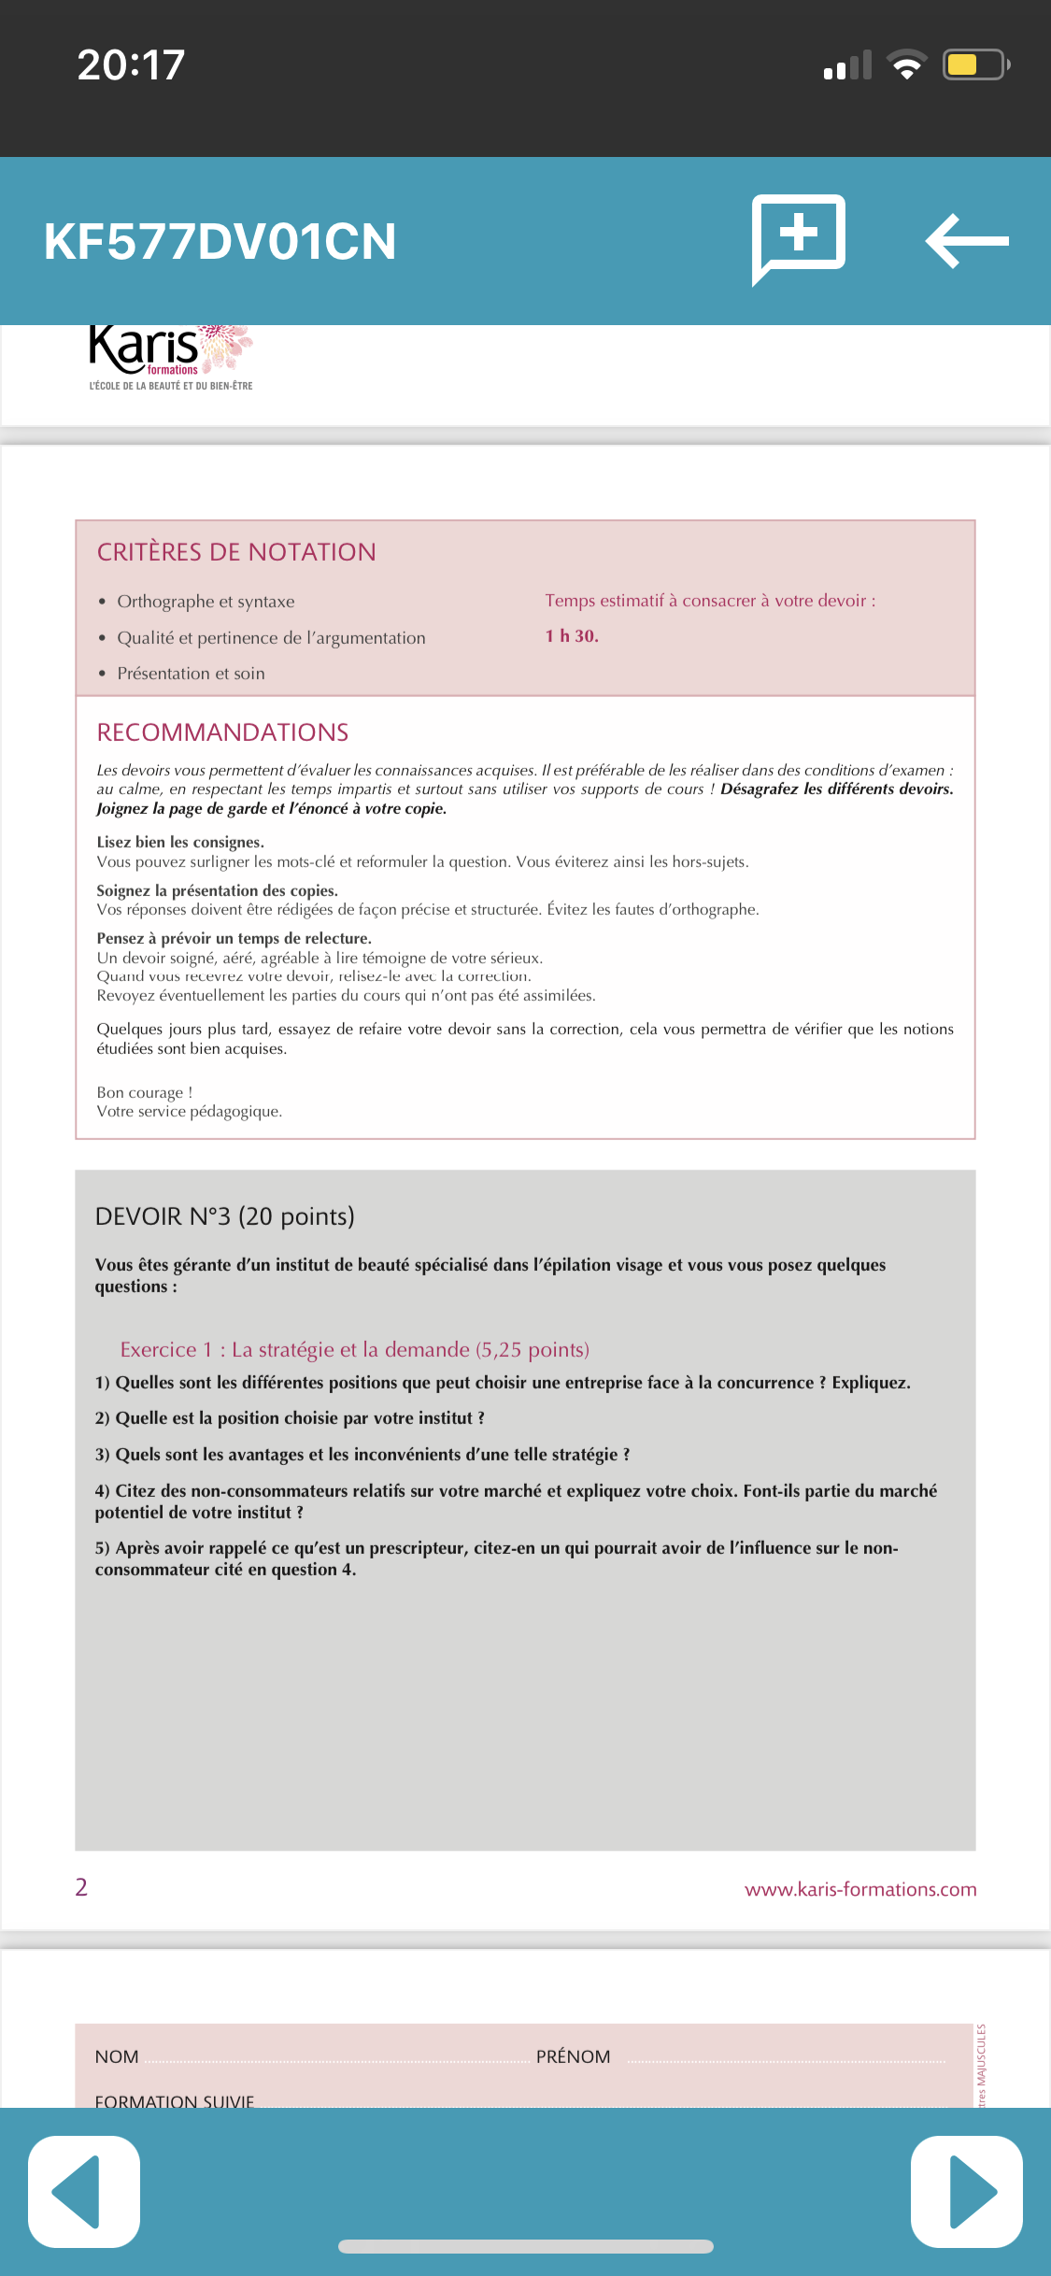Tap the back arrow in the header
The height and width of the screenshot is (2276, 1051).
(x=966, y=241)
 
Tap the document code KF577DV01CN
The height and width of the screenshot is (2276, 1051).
(x=220, y=241)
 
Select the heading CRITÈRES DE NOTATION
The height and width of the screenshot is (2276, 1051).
(x=236, y=552)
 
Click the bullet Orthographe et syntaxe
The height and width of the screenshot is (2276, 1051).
(x=206, y=602)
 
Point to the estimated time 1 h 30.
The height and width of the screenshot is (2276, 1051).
(x=572, y=636)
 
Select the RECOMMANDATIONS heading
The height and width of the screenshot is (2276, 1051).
(x=222, y=733)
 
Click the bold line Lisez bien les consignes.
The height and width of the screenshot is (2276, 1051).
(x=180, y=842)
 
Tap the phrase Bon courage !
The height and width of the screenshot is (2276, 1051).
(x=145, y=1092)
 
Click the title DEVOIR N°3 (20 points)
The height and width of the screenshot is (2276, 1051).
(x=225, y=1216)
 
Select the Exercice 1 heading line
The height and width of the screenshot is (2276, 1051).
(x=355, y=1349)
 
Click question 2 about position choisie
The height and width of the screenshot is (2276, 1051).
(x=290, y=1418)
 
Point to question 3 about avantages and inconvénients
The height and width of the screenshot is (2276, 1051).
(x=362, y=1455)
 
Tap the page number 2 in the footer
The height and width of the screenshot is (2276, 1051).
(x=81, y=1887)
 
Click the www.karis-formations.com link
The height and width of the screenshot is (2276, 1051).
(x=860, y=1889)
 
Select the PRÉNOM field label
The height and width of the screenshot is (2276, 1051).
(x=573, y=2056)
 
